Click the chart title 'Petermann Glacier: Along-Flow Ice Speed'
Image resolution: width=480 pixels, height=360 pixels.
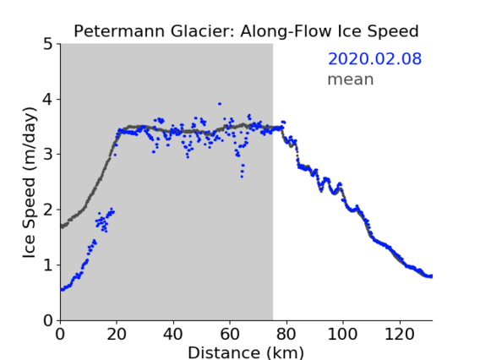click(x=246, y=31)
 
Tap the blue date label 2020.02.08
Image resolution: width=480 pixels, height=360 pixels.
click(x=374, y=59)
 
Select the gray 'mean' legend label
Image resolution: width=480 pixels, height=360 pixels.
click(x=351, y=79)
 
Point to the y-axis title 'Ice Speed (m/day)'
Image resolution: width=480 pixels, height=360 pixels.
click(x=30, y=183)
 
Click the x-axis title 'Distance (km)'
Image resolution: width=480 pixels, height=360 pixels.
click(x=246, y=352)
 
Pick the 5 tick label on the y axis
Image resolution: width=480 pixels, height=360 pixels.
click(x=48, y=44)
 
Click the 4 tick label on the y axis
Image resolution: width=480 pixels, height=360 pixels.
click(x=48, y=100)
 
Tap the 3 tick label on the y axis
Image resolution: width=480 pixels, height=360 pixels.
click(x=48, y=155)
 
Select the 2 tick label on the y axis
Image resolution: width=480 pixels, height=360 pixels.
click(x=48, y=210)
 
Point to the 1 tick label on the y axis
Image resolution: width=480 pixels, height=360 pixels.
click(x=48, y=265)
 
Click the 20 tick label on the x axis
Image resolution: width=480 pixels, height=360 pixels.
click(x=117, y=334)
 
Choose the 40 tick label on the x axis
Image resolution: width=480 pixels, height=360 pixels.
click(x=173, y=334)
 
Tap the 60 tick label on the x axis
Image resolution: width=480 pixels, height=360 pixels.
click(x=230, y=334)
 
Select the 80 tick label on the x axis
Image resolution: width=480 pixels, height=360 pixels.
click(x=286, y=334)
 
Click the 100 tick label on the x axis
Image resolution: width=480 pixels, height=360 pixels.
click(x=342, y=334)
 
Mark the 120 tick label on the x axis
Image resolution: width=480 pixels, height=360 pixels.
click(x=399, y=334)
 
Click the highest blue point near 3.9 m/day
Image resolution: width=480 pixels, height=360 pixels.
click(x=220, y=104)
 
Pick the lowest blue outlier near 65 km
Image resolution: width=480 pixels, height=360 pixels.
click(x=242, y=177)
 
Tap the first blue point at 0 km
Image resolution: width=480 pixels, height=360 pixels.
click(x=62, y=290)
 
